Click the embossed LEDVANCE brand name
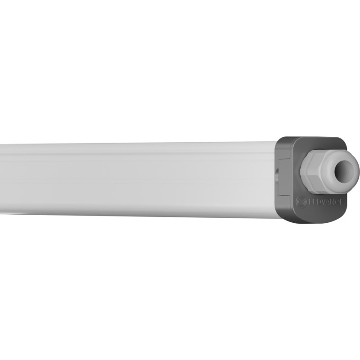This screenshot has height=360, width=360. pos(325,202)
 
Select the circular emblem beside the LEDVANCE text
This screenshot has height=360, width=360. pos(301,202)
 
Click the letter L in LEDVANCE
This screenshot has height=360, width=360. pos(310,202)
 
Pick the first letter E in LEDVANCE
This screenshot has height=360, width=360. pos(314,202)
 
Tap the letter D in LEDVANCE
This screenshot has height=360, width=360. pos(319,202)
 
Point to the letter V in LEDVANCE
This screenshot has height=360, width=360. pos(323,202)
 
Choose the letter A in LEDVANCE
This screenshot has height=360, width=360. pos(328,202)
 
